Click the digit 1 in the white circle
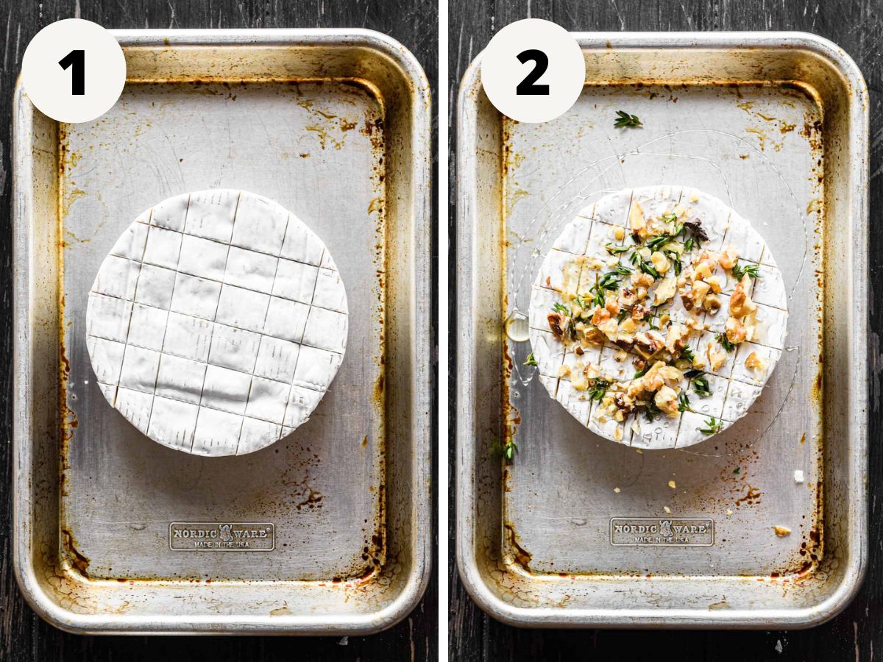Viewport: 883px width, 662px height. pyautogui.click(x=74, y=72)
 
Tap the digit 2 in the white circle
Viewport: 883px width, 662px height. pyautogui.click(x=533, y=72)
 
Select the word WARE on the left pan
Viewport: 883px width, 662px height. pyautogui.click(x=252, y=533)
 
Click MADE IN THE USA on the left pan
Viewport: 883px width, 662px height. pyautogui.click(x=221, y=544)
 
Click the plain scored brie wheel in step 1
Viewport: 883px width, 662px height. pyautogui.click(x=217, y=322)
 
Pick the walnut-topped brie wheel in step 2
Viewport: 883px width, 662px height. pyautogui.click(x=657, y=316)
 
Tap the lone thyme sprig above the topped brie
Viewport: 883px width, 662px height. pyautogui.click(x=628, y=120)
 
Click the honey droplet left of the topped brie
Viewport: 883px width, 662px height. pyautogui.click(x=518, y=327)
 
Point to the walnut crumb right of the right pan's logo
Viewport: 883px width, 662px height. pyautogui.click(x=781, y=530)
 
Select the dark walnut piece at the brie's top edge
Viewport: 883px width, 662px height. pyautogui.click(x=696, y=229)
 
